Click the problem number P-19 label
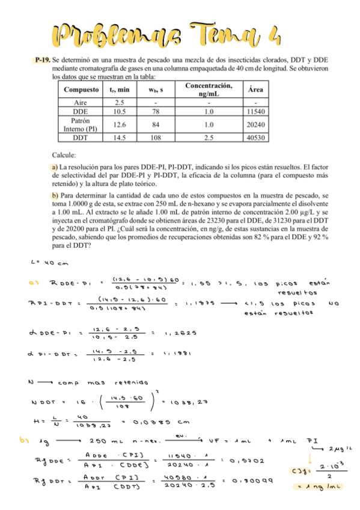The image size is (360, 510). tap(43, 61)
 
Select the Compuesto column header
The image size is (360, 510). tap(81, 90)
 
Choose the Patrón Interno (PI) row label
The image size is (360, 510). tap(81, 124)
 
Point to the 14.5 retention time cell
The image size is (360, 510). tap(118, 138)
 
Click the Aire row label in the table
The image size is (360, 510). tap(81, 103)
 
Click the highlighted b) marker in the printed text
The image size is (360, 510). tap(55, 195)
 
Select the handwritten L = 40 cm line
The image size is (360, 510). tap(44, 262)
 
